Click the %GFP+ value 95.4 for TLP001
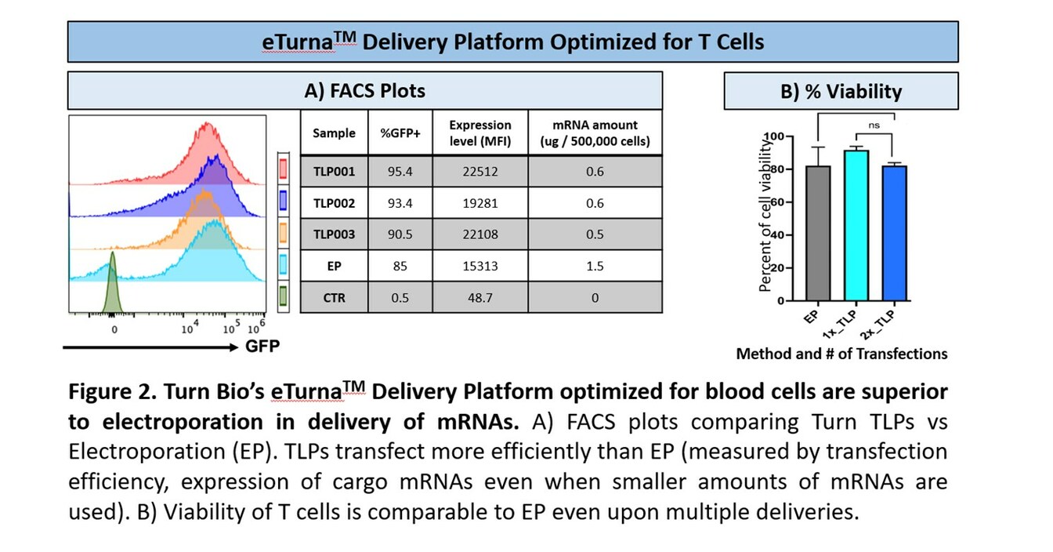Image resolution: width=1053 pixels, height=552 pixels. pyautogui.click(x=400, y=172)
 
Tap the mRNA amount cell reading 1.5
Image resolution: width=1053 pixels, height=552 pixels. pyautogui.click(x=595, y=266)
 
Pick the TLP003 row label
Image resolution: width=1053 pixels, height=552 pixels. pyautogui.click(x=334, y=234)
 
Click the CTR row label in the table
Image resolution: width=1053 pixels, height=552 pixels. pyautogui.click(x=334, y=297)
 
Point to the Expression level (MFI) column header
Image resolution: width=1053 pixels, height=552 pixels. pyautogui.click(x=479, y=133)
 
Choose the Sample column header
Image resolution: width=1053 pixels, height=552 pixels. pyautogui.click(x=334, y=133)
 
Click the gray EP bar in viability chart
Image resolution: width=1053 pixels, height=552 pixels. pyautogui.click(x=818, y=235)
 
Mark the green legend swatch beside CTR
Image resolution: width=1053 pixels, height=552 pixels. pyautogui.click(x=284, y=297)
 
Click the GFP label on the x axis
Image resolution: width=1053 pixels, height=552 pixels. pyautogui.click(x=262, y=347)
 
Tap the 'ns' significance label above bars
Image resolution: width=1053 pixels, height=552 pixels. pyautogui.click(x=874, y=125)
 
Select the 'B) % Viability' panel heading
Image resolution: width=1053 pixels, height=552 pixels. pyautogui.click(x=841, y=91)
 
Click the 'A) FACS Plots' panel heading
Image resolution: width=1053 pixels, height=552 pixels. pyautogui.click(x=364, y=91)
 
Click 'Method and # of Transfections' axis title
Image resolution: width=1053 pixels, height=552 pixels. pyautogui.click(x=841, y=354)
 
